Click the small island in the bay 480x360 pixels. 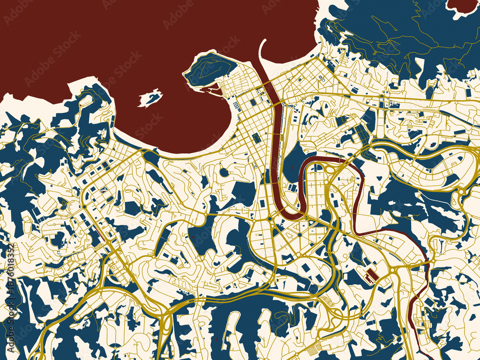point(150,98)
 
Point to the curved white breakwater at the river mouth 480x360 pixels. point(263,58)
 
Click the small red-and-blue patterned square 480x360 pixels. point(103,191)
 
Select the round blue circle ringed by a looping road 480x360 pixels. point(224,171)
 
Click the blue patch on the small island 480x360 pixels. point(153,97)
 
